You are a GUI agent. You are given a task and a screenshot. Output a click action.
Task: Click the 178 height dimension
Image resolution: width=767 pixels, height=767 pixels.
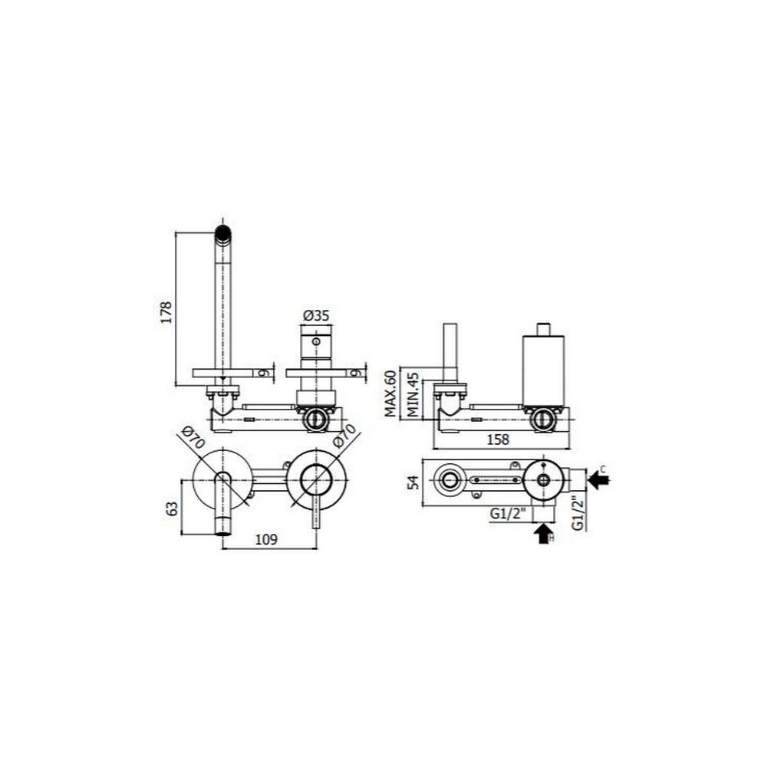pos(166,312)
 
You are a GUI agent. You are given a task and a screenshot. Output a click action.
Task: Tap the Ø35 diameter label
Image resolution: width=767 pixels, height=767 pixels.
pos(316,315)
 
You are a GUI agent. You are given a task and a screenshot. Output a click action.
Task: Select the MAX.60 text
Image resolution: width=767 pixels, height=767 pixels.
pos(390,393)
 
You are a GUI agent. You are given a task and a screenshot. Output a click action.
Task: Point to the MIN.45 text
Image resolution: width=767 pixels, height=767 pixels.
pos(414,394)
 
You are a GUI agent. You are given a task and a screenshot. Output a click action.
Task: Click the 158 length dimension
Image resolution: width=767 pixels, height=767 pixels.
pos(498,439)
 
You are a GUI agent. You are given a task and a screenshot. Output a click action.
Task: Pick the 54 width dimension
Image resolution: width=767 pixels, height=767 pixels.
pos(414,482)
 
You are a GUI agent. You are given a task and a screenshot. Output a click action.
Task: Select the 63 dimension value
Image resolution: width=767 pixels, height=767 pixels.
pos(172,509)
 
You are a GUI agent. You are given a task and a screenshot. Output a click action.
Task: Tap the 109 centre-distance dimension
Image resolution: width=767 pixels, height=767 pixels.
pos(267,539)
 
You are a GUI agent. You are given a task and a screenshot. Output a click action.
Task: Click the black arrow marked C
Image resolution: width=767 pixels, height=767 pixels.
pos(598,479)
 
